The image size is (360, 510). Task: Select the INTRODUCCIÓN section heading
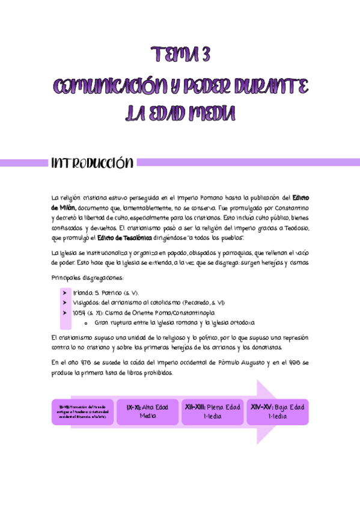click(92, 163)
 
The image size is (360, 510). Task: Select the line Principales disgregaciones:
click(88, 277)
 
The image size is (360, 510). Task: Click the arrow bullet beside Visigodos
click(64, 303)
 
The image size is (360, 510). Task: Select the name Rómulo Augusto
click(239, 363)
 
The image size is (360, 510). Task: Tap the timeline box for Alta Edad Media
click(147, 412)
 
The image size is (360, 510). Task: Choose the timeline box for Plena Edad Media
click(213, 412)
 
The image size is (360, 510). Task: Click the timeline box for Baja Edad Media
click(277, 412)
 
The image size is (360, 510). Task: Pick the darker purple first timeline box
click(82, 412)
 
